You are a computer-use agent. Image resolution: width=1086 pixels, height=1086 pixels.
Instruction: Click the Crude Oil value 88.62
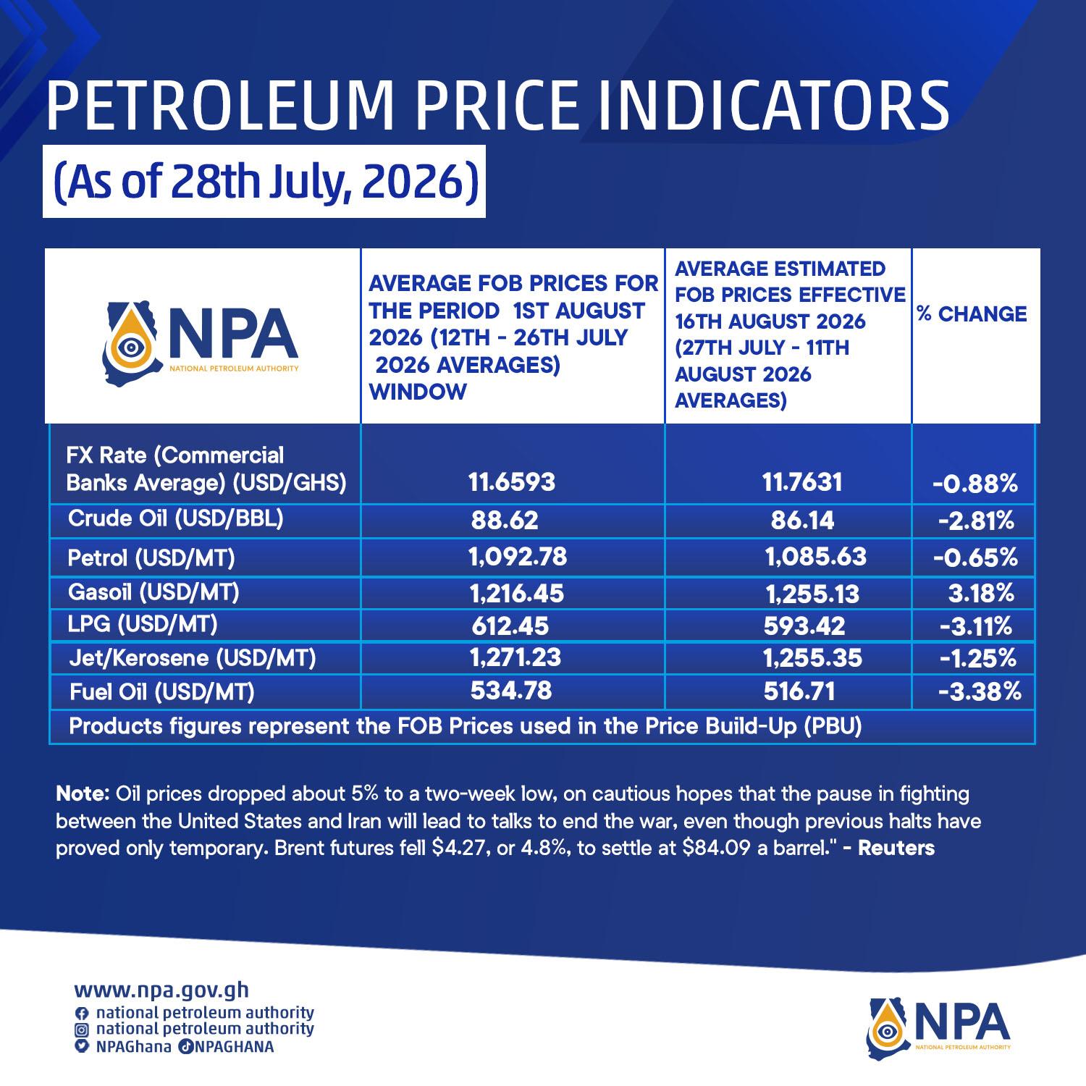(505, 521)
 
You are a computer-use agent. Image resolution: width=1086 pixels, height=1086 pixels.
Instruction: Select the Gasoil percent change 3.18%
(981, 594)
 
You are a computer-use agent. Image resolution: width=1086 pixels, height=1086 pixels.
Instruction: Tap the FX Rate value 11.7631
(802, 482)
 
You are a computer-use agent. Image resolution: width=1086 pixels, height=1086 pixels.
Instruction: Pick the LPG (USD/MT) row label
(143, 624)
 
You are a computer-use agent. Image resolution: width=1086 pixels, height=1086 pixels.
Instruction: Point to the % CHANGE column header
(972, 314)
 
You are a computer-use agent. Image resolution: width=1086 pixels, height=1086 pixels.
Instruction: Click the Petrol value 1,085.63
(816, 556)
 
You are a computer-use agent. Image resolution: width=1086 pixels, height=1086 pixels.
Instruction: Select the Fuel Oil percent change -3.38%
(980, 692)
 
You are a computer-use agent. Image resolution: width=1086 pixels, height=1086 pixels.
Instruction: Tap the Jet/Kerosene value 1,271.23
(515, 657)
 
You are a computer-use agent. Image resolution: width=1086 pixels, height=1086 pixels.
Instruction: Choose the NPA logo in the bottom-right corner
(939, 1027)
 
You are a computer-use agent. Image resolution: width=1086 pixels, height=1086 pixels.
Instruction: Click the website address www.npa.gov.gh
(161, 990)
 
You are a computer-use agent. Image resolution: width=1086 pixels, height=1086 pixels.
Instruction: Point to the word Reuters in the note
(896, 848)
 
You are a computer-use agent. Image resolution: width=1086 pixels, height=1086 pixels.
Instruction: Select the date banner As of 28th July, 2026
(264, 182)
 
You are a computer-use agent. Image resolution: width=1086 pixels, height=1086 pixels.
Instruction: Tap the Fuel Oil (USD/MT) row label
(162, 693)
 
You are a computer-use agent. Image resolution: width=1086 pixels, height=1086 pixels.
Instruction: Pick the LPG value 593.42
(804, 626)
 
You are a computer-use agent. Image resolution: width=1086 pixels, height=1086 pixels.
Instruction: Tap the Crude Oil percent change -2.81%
(976, 521)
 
